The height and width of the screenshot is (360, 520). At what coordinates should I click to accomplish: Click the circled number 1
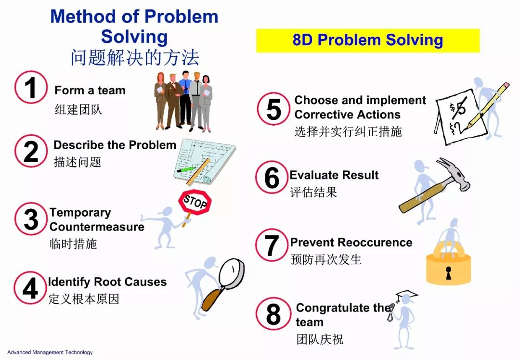tap(31, 87)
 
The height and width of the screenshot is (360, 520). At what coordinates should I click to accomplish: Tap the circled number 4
tap(30, 288)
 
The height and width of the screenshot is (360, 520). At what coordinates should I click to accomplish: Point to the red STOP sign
tap(195, 202)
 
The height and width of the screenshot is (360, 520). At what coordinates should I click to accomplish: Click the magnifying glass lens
tap(232, 274)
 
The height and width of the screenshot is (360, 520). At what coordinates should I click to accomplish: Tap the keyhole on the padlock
tap(449, 272)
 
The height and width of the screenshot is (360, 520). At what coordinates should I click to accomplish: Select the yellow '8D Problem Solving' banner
tap(368, 40)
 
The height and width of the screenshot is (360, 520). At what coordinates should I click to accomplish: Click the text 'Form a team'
tap(90, 90)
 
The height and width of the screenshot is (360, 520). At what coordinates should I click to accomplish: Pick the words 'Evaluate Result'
tap(334, 175)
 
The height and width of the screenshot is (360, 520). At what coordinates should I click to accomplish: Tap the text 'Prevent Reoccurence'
tap(351, 242)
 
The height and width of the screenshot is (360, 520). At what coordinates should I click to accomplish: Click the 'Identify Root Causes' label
tap(107, 282)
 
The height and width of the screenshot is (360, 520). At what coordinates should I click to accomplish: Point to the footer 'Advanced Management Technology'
tap(50, 352)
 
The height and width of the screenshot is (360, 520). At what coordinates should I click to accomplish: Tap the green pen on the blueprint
tap(186, 169)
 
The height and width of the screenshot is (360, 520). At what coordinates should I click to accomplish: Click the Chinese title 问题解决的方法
tap(135, 58)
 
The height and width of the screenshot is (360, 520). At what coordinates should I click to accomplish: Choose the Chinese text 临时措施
tap(73, 244)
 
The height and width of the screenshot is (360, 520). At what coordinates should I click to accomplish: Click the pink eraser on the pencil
tap(506, 86)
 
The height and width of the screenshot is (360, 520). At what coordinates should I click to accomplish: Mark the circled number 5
tap(273, 109)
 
